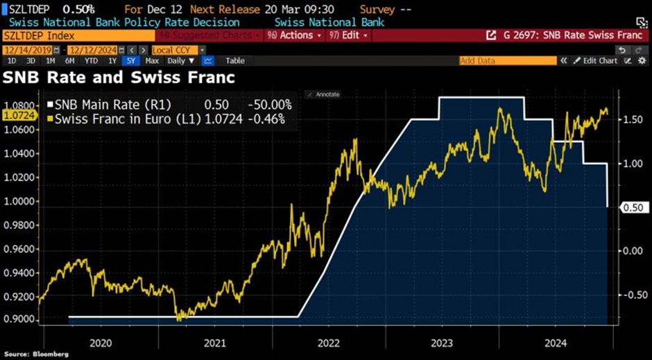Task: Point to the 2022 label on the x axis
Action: tap(329, 342)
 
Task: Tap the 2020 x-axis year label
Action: tap(101, 342)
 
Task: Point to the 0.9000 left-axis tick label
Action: tap(19, 319)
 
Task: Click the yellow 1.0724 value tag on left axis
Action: tap(19, 116)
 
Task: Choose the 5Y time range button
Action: tap(130, 61)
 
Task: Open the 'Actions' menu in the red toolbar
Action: tap(300, 35)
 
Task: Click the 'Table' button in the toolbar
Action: tap(234, 61)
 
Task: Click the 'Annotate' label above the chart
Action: tap(327, 94)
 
